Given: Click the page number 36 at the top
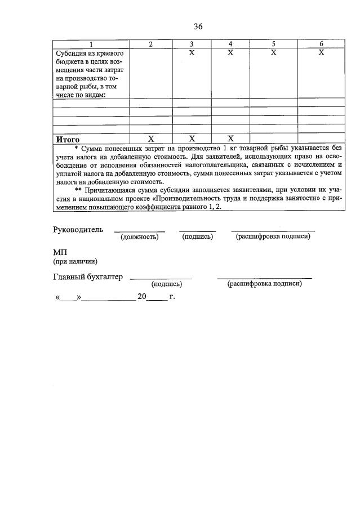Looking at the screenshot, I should (198, 26).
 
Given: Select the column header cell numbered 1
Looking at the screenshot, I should (91, 44).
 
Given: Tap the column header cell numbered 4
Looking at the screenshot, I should (230, 44).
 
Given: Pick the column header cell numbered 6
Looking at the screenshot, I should (321, 44).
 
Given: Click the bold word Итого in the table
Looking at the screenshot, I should (67, 139).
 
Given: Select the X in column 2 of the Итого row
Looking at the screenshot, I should (150, 139).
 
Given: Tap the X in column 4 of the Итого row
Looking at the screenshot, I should (230, 139).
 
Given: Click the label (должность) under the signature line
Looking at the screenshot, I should (140, 237).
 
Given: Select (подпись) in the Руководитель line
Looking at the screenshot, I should (197, 237).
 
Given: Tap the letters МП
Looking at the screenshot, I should (60, 253).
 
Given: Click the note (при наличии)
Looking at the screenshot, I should (75, 261).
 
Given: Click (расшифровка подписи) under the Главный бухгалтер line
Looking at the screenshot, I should (264, 284).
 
